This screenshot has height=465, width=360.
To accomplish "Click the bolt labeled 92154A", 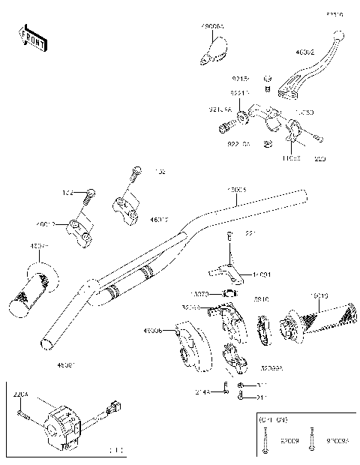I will [225, 129].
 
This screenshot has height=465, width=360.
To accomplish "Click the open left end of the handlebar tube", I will [46, 341].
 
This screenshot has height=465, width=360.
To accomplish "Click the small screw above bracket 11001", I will [229, 238].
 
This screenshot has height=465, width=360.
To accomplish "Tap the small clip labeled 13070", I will [229, 294].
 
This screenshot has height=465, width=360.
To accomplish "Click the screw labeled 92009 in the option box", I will [268, 442].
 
